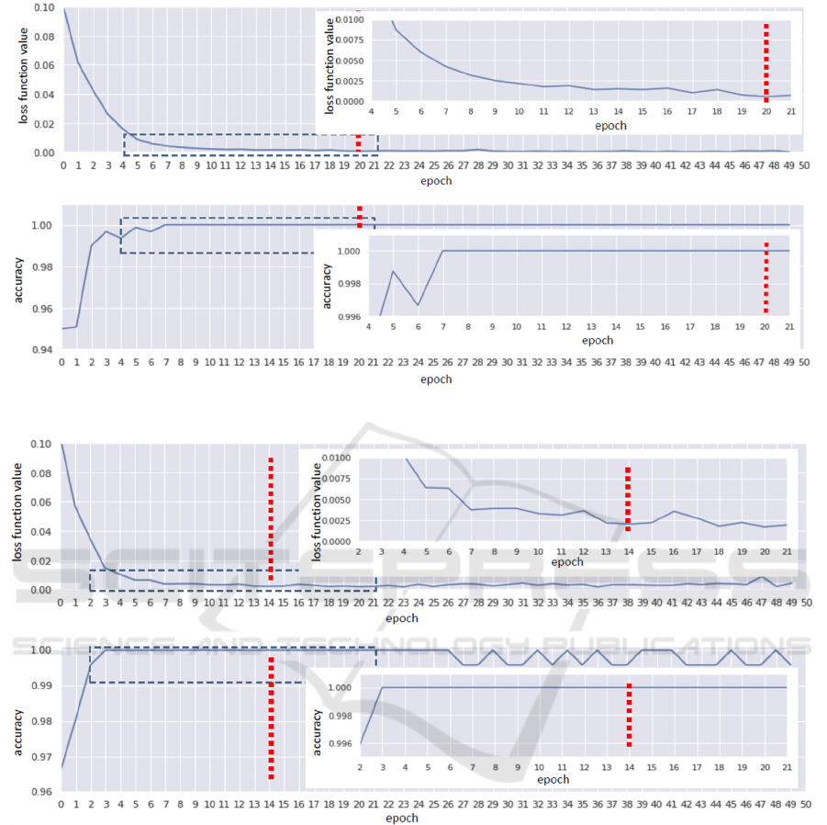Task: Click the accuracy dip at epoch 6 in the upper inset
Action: pos(418,304)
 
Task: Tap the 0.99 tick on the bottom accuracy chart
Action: pos(40,685)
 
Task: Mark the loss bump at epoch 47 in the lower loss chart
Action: pos(762,577)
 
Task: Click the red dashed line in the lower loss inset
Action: pos(628,499)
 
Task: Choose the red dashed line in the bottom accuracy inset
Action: pos(628,716)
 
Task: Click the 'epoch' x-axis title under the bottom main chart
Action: pos(403,818)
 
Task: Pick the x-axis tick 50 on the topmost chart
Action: pos(803,166)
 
